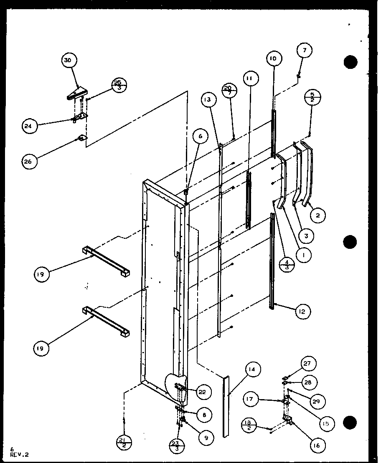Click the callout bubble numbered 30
click(68, 61)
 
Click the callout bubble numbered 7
click(305, 51)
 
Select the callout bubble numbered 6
click(200, 136)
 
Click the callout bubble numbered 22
click(203, 392)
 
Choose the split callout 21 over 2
click(124, 441)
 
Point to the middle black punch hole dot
click(351, 242)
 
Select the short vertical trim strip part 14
click(226, 405)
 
